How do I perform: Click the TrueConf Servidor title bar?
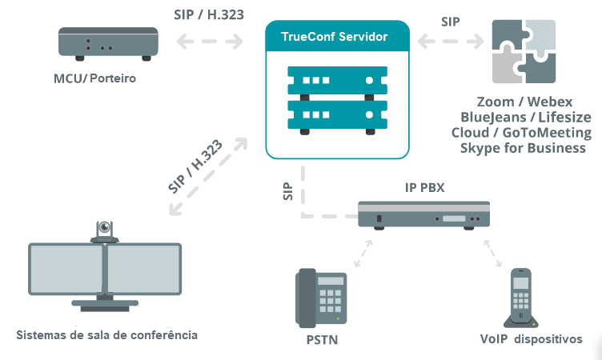pyautogui.click(x=336, y=37)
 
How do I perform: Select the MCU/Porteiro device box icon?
pyautogui.click(x=104, y=44)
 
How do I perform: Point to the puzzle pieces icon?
pyautogui.click(x=524, y=52)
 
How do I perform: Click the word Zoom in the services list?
pyautogui.click(x=496, y=102)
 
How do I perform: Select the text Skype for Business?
pyautogui.click(x=522, y=148)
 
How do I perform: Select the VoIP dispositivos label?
pyautogui.click(x=530, y=339)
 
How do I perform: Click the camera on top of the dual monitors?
pyautogui.click(x=104, y=231)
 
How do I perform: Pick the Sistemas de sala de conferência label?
pyautogui.click(x=106, y=334)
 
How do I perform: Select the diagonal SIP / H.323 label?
pyautogui.click(x=195, y=167)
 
